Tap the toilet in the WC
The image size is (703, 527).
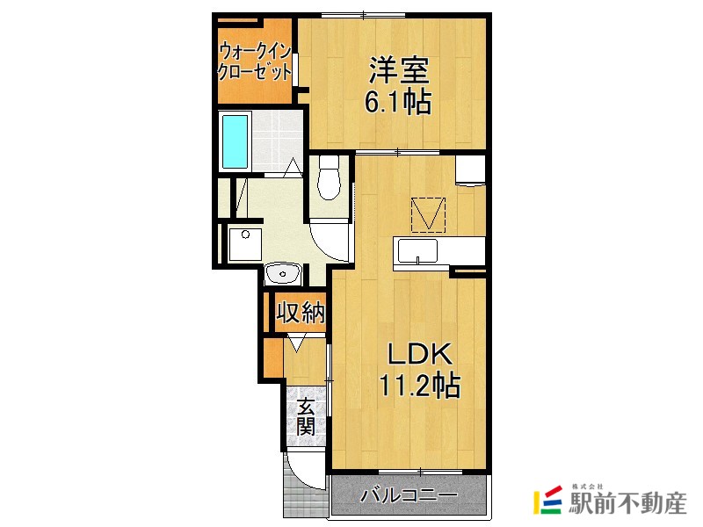pos(330,176)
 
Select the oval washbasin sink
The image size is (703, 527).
pos(284,274)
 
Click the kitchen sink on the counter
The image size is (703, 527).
pos(417,251)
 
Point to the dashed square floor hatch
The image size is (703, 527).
pos(429,214)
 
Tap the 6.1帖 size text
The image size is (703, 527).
pos(398,103)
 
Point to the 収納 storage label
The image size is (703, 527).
pos(301,311)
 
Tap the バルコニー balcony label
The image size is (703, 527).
pos(409,496)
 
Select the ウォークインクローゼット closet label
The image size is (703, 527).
pos(255,61)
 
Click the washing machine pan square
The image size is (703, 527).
pos(246,243)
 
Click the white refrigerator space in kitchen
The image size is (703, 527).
pos(471,169)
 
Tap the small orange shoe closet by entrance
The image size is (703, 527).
pos(273,357)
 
